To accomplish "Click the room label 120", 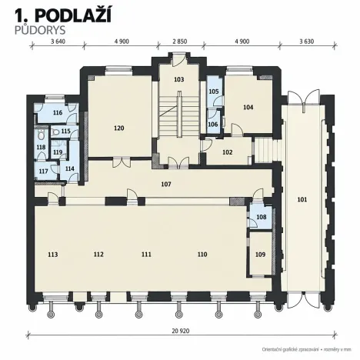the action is pyautogui.click(x=119, y=128).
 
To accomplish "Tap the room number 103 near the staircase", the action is pyautogui.click(x=178, y=79).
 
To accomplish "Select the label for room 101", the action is pyautogui.click(x=302, y=199).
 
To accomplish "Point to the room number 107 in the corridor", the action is pyautogui.click(x=166, y=184).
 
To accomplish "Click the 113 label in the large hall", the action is pyautogui.click(x=53, y=255).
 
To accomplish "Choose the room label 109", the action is pyautogui.click(x=260, y=255).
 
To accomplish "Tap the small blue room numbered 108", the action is pyautogui.click(x=262, y=217).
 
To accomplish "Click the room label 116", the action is pyautogui.click(x=58, y=112).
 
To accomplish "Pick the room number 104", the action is pyautogui.click(x=248, y=107).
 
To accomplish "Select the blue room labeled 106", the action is pyautogui.click(x=213, y=125).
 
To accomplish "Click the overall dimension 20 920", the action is pyautogui.click(x=181, y=331).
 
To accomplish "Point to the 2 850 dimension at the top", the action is pyautogui.click(x=180, y=42).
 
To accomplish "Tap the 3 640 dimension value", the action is pyautogui.click(x=58, y=42).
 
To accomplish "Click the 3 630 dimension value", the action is pyautogui.click(x=307, y=42).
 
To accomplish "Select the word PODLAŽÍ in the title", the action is pyautogui.click(x=73, y=16).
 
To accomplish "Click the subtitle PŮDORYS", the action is pyautogui.click(x=40, y=30).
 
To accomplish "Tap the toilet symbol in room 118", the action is pyautogui.click(x=41, y=135).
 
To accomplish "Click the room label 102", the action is pyautogui.click(x=228, y=152).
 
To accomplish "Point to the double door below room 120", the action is pyautogui.click(x=122, y=163).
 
